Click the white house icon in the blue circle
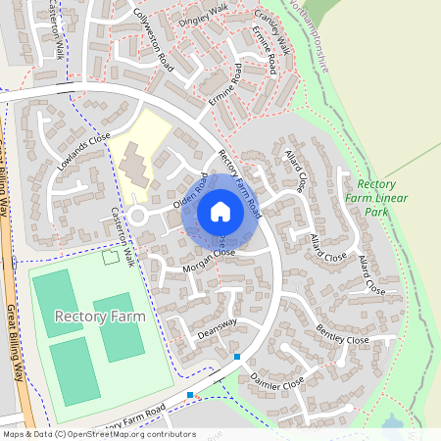(x=220, y=211)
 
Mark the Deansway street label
(x=218, y=328)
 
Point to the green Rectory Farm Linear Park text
(x=377, y=197)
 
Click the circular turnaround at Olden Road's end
(x=138, y=215)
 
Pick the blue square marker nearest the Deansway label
(x=236, y=357)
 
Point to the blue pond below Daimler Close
(x=393, y=423)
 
